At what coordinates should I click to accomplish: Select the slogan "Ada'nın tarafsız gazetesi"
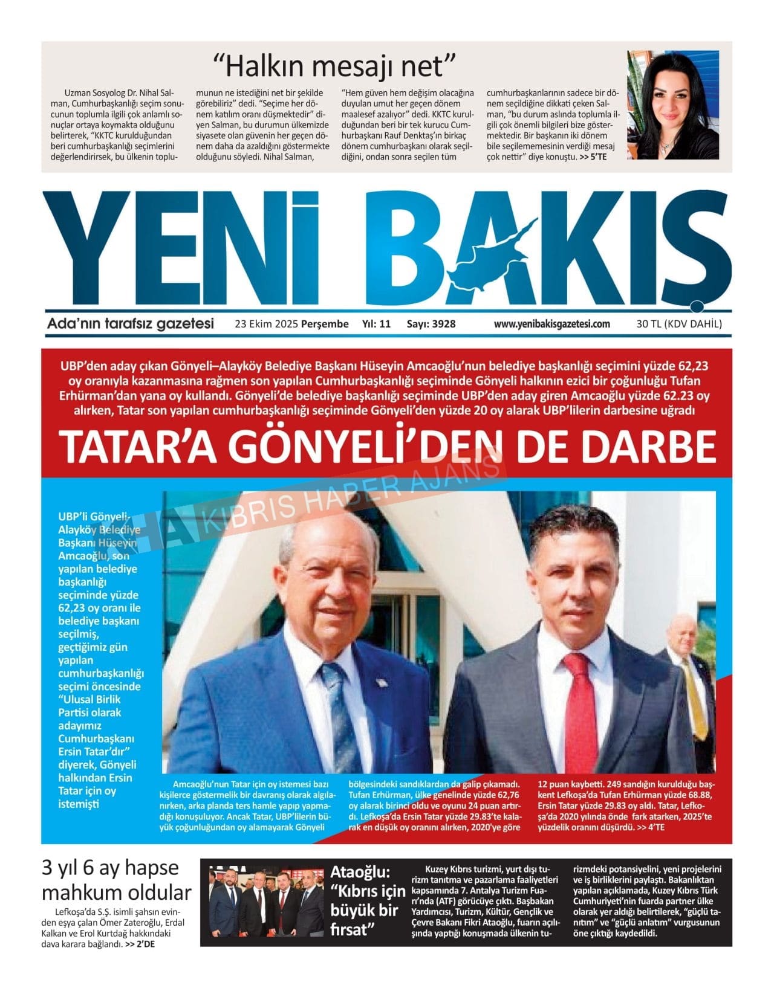131,324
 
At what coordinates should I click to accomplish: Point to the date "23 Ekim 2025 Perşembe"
291,324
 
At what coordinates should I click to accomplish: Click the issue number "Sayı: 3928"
431,324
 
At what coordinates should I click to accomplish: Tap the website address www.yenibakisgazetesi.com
551,324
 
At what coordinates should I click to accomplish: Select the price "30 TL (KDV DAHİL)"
679,324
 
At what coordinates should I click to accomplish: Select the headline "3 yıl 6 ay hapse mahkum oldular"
116,880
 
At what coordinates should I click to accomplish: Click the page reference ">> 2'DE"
140,945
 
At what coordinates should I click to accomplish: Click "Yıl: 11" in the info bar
376,324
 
